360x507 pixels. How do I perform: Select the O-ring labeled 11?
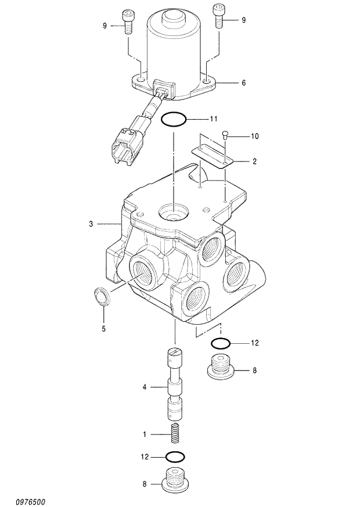tap(174, 120)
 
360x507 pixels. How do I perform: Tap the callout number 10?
tap(254, 136)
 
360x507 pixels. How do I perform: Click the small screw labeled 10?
tap(225, 135)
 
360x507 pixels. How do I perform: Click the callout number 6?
tap(243, 83)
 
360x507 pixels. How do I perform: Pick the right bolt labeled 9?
tap(219, 16)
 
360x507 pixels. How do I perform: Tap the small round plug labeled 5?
tap(102, 297)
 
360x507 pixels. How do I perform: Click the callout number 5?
tap(103, 329)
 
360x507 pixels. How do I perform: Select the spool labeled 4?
tap(175, 384)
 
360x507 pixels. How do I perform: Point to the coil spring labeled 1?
tap(175, 433)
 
